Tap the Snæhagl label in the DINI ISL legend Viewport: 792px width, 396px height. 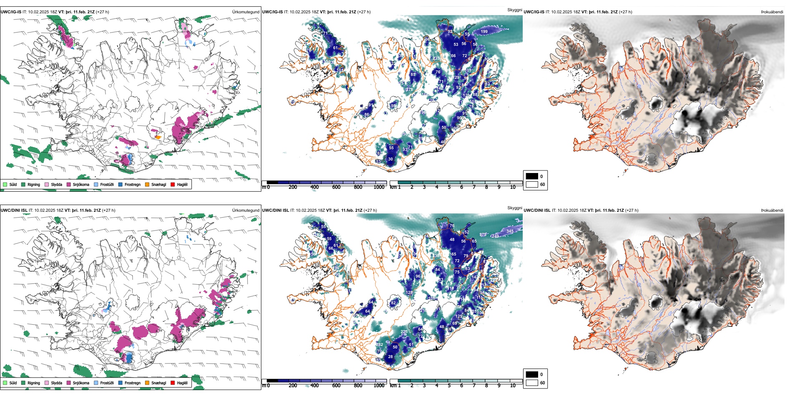[x=158, y=383]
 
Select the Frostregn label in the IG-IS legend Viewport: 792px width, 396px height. [x=132, y=184]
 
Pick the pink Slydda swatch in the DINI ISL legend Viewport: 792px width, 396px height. [x=47, y=383]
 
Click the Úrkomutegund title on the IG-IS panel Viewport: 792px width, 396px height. [x=246, y=12]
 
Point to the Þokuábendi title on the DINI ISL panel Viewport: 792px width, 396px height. [x=772, y=210]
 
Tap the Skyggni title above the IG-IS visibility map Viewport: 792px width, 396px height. [x=514, y=10]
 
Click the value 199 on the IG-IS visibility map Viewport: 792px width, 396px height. [x=484, y=31]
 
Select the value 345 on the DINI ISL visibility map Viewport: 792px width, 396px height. [x=510, y=231]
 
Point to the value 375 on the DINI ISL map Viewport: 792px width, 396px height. [x=483, y=235]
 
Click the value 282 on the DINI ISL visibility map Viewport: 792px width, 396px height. [x=379, y=344]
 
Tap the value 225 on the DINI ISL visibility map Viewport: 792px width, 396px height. [x=404, y=332]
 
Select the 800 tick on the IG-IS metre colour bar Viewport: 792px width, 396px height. [x=358, y=187]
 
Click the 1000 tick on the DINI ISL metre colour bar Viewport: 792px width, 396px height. [x=379, y=386]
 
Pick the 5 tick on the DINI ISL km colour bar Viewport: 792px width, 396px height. [x=449, y=386]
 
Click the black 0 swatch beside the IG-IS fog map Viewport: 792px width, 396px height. [x=532, y=176]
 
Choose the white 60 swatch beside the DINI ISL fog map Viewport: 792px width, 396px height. [x=532, y=383]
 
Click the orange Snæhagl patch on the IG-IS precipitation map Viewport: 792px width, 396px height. [x=158, y=137]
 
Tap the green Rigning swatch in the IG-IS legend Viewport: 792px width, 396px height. [x=23, y=184]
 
